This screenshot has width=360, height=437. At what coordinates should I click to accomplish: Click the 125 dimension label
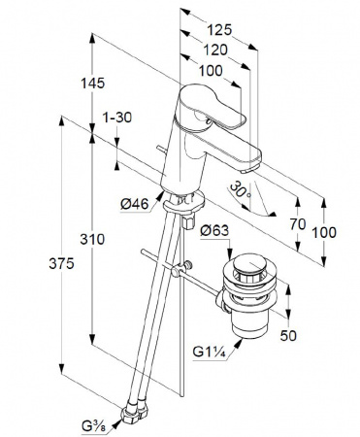pos(219,30)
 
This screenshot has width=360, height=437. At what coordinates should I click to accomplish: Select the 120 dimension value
pos(215,50)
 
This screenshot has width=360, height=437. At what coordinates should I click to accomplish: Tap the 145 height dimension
pos(92,84)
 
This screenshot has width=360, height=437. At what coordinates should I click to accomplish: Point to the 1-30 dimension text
pos(117,118)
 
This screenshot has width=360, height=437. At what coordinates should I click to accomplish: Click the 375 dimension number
pos(61,264)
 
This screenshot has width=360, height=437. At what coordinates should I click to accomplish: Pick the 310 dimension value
pos(92,240)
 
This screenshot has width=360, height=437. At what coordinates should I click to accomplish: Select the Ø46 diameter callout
pos(135,204)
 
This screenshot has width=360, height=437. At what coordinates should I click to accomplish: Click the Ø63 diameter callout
pos(214,230)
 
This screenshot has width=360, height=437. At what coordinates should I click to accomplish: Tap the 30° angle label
pos(240,190)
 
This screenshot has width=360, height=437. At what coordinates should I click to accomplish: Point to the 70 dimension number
pos(298,224)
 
